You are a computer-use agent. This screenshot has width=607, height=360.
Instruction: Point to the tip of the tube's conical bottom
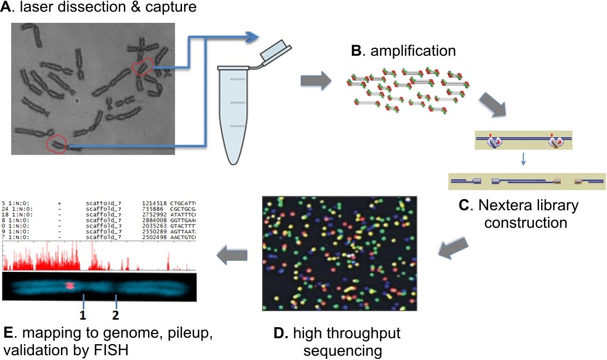pos(231,162)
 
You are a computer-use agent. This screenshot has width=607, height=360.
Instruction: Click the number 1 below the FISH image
pos(83,315)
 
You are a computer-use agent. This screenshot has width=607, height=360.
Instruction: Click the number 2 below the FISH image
pos(116,315)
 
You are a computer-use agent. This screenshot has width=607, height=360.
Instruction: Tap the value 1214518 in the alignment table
pos(154,203)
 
